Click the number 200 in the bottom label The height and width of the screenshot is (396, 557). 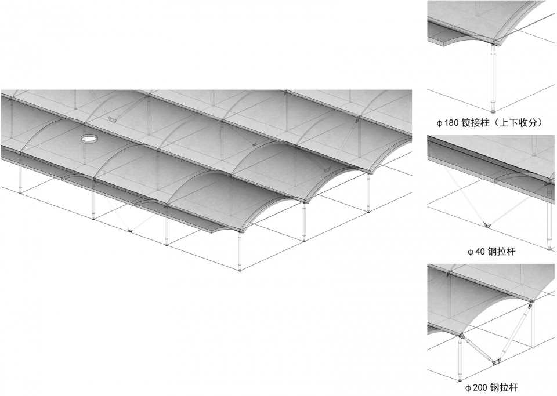coord(480,388)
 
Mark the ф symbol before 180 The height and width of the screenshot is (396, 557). coord(439,123)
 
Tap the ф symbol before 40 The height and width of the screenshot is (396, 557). coord(471,252)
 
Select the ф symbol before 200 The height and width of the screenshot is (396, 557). coord(468,388)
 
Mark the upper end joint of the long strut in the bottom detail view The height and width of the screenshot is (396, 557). coord(531,303)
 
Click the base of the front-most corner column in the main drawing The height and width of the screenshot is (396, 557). coord(240,270)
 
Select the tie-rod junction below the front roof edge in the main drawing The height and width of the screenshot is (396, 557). coord(131,231)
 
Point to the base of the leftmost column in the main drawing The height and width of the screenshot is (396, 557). coord(20,192)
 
